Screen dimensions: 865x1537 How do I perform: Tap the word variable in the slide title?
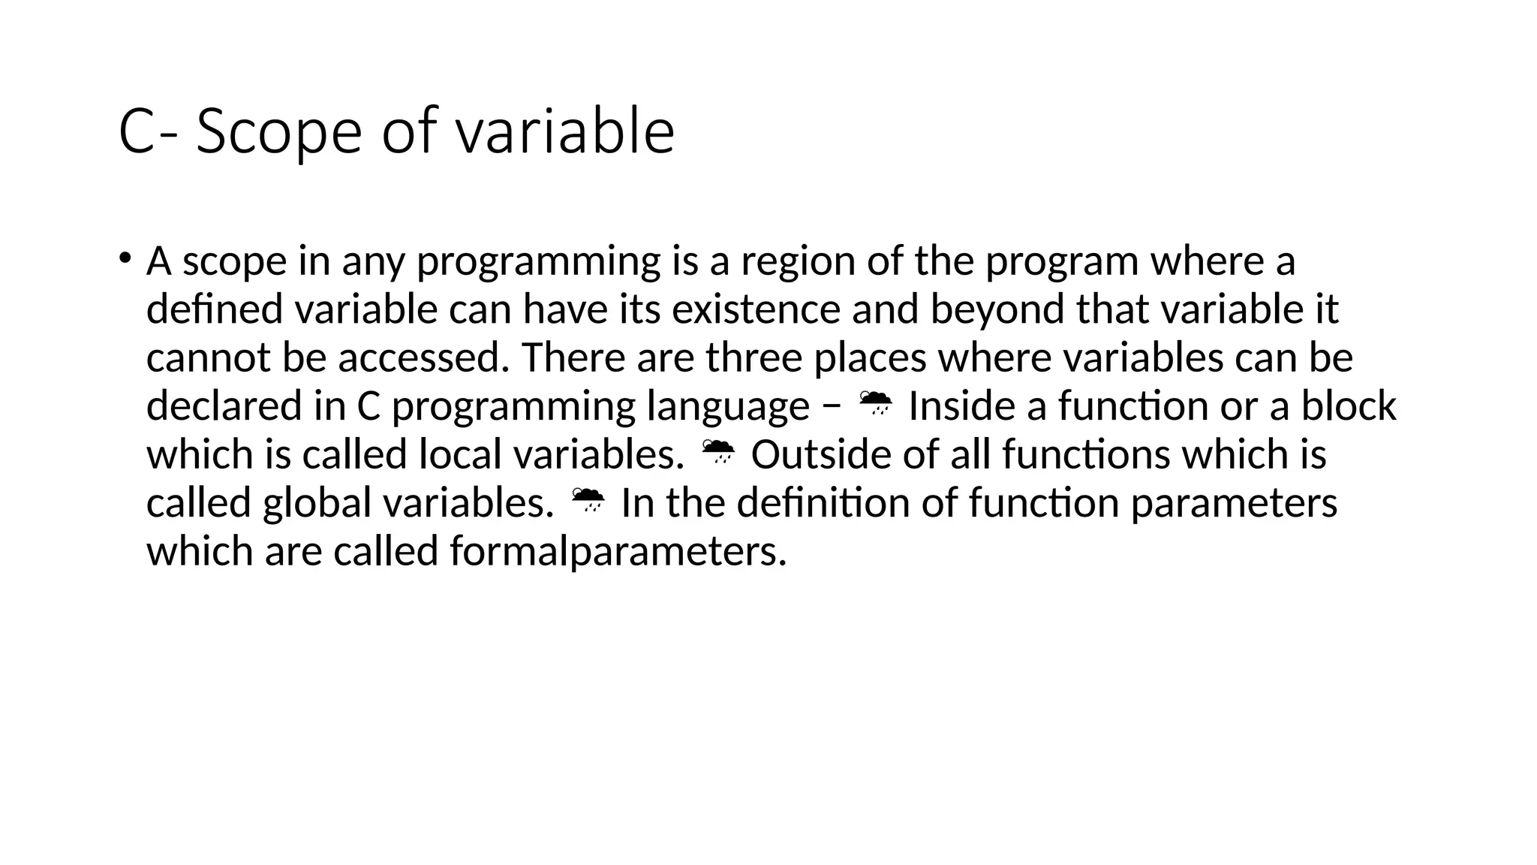pyautogui.click(x=565, y=131)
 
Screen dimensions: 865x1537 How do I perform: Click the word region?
pyautogui.click(x=798, y=263)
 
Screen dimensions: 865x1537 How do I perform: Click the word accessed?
pyautogui.click(x=419, y=358)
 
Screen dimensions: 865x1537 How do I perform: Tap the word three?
pyautogui.click(x=753, y=358)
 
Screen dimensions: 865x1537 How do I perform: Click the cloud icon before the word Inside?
pyautogui.click(x=875, y=404)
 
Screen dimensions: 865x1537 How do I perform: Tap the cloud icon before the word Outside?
pyautogui.click(x=718, y=453)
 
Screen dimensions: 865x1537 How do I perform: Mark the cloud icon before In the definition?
pyautogui.click(x=588, y=501)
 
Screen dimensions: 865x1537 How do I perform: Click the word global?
pyautogui.click(x=317, y=504)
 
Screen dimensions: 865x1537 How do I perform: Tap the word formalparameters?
pyautogui.click(x=618, y=552)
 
